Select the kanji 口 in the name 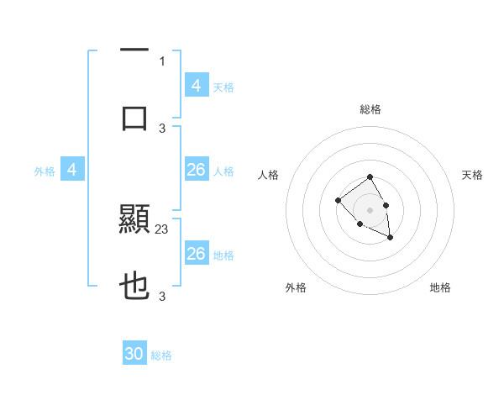coord(134,118)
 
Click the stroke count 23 coord(163,229)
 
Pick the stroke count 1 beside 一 coord(162,61)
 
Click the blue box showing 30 coord(134,355)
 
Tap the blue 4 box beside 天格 coord(196,86)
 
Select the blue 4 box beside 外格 coord(72,170)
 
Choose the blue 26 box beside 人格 coord(196,170)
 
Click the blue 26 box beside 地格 coord(196,254)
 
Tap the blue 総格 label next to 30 coord(161,355)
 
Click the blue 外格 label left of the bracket coord(45,171)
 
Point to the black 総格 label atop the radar coord(370,109)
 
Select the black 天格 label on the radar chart coord(473,175)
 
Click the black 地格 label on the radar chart coord(440,287)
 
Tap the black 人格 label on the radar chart coord(268,175)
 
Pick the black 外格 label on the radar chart coord(296,287)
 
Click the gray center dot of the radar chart coord(370,210)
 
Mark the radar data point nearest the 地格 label coord(390,238)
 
